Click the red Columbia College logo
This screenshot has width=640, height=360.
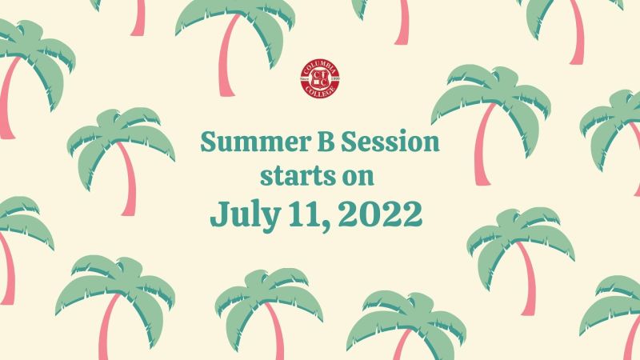coord(320,78)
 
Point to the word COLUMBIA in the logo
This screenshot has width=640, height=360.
coord(320,66)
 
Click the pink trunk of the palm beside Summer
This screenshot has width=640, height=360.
coord(129,179)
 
